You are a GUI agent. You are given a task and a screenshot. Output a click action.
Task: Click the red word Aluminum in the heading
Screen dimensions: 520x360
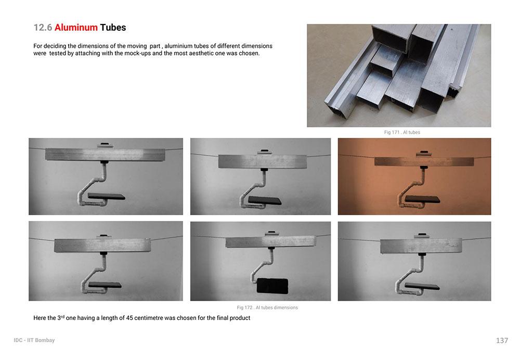[x=76, y=28]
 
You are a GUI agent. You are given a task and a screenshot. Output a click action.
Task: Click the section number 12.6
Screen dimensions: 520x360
[x=43, y=28]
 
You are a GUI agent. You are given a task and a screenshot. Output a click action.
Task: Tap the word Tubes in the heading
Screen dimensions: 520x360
[x=113, y=28]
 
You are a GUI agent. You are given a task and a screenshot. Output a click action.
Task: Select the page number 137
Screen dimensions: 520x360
[x=502, y=340]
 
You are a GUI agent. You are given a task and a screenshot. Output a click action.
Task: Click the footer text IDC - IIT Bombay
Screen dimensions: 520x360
[x=34, y=340]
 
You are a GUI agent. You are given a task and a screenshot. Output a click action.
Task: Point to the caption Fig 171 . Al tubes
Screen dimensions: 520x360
[x=402, y=132]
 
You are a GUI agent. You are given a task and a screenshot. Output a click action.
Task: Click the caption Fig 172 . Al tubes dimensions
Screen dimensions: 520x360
[x=267, y=307]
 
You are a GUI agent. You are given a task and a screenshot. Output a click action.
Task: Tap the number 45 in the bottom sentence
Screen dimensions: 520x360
[x=129, y=318]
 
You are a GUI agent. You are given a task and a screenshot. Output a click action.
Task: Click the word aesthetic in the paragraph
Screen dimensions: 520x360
[x=201, y=53]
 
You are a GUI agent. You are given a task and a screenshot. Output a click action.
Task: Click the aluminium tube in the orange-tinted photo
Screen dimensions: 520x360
[x=424, y=161]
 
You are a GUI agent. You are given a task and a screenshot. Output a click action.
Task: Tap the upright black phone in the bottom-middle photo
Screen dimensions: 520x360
[x=272, y=286]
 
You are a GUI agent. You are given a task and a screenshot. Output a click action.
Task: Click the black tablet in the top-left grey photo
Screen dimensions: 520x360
[x=107, y=197]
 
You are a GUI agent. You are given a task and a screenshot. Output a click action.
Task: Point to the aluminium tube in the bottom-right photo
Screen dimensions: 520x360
[x=421, y=246]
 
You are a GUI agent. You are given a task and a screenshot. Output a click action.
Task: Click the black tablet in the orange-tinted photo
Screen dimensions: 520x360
[x=422, y=199]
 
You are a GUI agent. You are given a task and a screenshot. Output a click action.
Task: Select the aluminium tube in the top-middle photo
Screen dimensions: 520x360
[x=262, y=161]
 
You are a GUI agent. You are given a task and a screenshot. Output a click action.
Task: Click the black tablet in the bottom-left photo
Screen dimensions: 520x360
[x=105, y=285]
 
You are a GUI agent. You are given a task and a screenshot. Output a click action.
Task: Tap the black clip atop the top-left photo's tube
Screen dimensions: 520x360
[x=105, y=144]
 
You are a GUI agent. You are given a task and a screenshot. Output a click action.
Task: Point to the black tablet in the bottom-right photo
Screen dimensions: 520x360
[x=422, y=286]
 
